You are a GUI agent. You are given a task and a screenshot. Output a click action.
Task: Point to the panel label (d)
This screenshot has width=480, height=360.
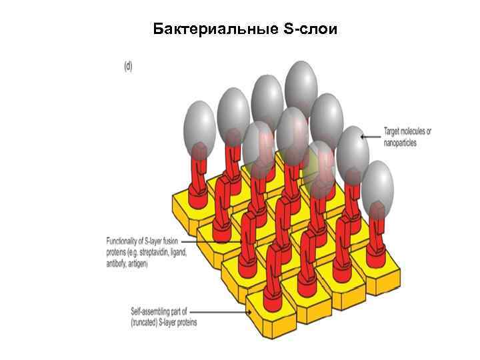[129, 67]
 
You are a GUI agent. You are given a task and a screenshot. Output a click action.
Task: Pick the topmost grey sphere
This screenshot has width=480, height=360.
[301, 81]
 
